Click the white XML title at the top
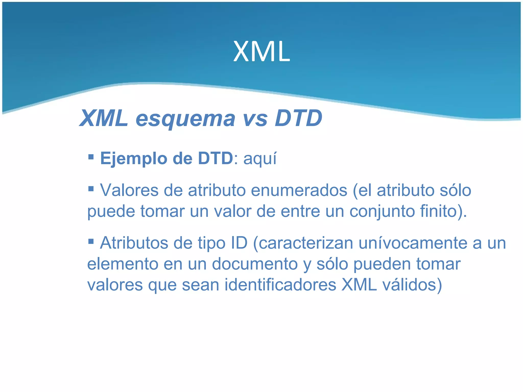click(x=261, y=52)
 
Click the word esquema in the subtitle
click(x=185, y=119)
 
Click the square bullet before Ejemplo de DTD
click(x=91, y=156)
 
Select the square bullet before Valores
click(x=91, y=189)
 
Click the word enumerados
click(x=299, y=190)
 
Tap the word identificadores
click(x=280, y=285)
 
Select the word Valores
click(x=129, y=190)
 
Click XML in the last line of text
click(x=359, y=285)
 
